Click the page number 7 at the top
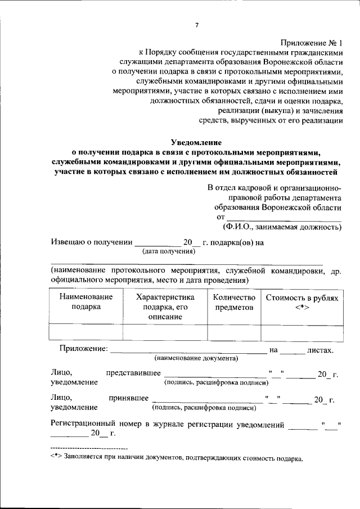[197, 25]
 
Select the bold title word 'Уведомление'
[197, 142]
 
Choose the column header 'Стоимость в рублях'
[303, 297]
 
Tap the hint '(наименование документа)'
[196, 358]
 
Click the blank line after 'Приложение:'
[188, 350]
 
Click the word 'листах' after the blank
[321, 350]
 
